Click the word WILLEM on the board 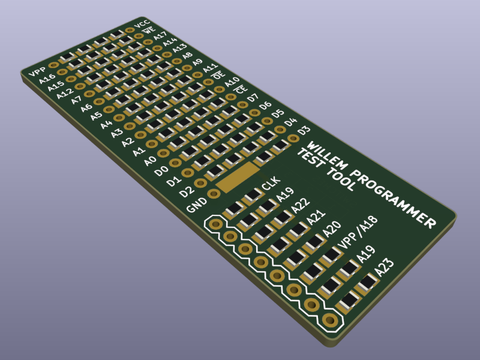[x=327, y=156]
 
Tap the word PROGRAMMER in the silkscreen [x=394, y=199]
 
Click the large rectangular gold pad [x=238, y=177]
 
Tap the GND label [x=197, y=205]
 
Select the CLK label [x=271, y=184]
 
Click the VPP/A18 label [x=357, y=233]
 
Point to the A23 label [x=384, y=267]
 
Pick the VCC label [x=142, y=23]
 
